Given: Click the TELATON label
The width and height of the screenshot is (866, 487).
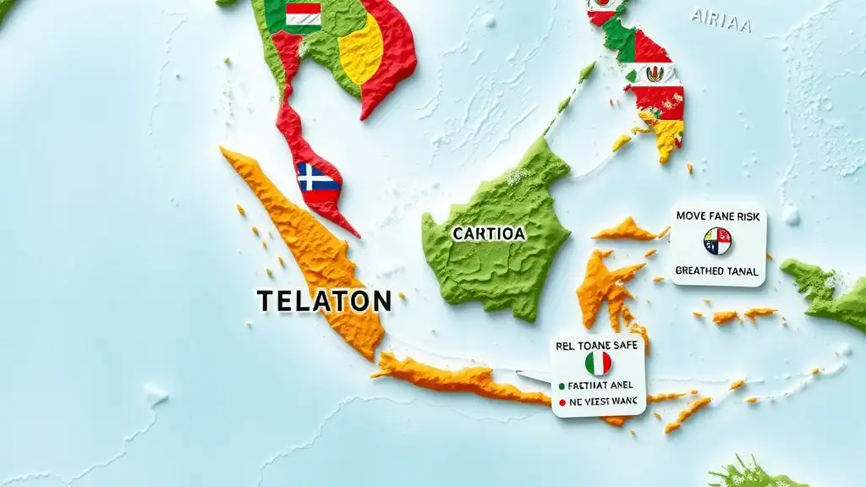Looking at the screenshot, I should [x=324, y=300].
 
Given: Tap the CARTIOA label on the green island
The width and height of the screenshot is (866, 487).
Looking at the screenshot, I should [x=488, y=233].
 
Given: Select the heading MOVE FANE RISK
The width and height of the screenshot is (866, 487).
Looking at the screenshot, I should [x=719, y=216].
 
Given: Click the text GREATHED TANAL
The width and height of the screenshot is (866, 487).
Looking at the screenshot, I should [x=718, y=271].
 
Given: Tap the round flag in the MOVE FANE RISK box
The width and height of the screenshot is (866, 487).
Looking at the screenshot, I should [x=717, y=242].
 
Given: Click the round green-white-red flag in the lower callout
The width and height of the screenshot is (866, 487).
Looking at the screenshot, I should [x=597, y=363].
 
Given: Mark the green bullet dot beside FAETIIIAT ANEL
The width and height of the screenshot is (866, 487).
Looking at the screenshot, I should [x=562, y=386].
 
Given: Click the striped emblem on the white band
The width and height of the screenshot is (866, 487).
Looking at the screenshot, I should [x=655, y=74].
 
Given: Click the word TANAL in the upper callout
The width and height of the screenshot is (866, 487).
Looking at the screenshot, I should [x=741, y=271].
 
